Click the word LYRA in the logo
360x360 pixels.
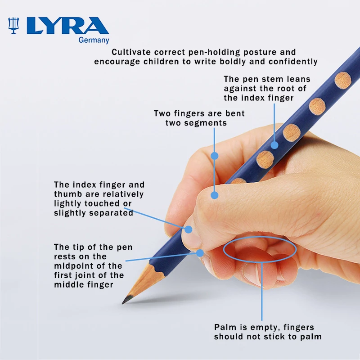(x=68, y=26)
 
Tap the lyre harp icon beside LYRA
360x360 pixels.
(x=13, y=26)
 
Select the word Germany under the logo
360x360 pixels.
(x=94, y=40)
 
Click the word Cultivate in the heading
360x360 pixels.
(x=131, y=52)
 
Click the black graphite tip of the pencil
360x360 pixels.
(x=126, y=299)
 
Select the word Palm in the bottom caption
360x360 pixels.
(x=223, y=327)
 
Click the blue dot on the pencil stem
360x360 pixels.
(x=274, y=145)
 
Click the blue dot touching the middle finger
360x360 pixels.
(x=200, y=253)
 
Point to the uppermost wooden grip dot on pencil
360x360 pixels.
(x=343, y=81)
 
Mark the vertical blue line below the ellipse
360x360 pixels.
(x=262, y=291)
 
